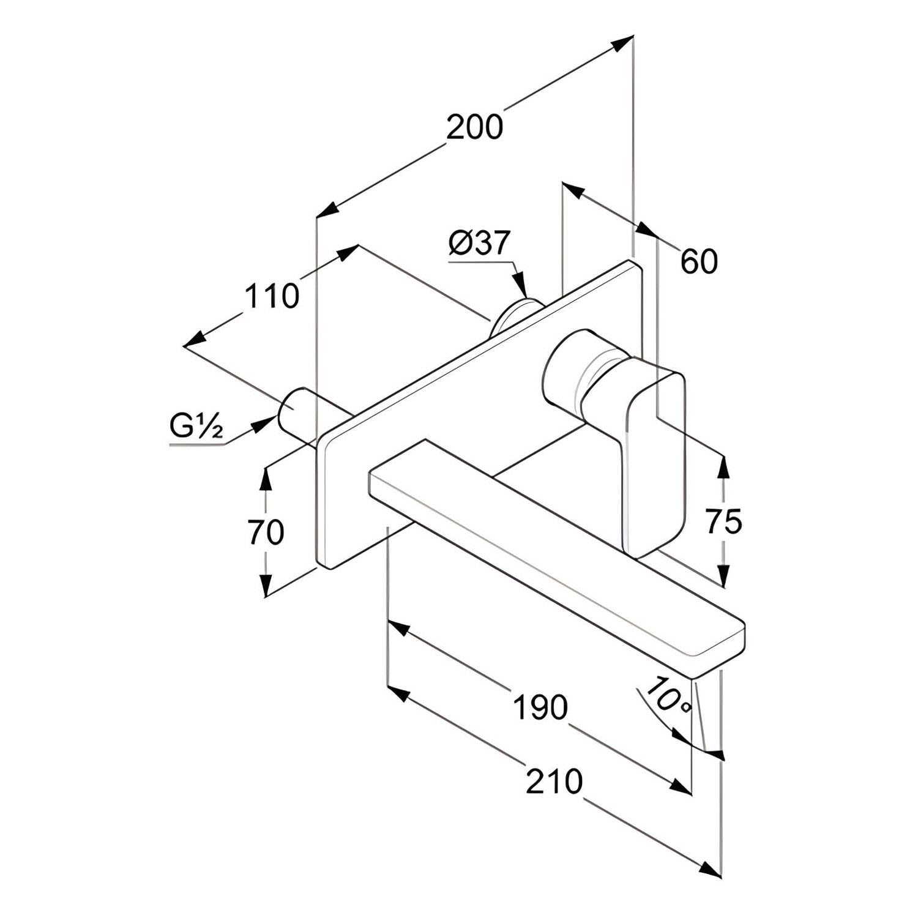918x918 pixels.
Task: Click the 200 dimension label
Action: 474,127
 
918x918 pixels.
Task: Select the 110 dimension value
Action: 272,296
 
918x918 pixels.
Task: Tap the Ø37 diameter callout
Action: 479,243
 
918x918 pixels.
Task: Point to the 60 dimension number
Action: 699,262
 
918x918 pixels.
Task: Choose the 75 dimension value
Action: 723,521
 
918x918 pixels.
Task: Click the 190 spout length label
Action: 540,707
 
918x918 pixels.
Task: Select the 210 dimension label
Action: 554,782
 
